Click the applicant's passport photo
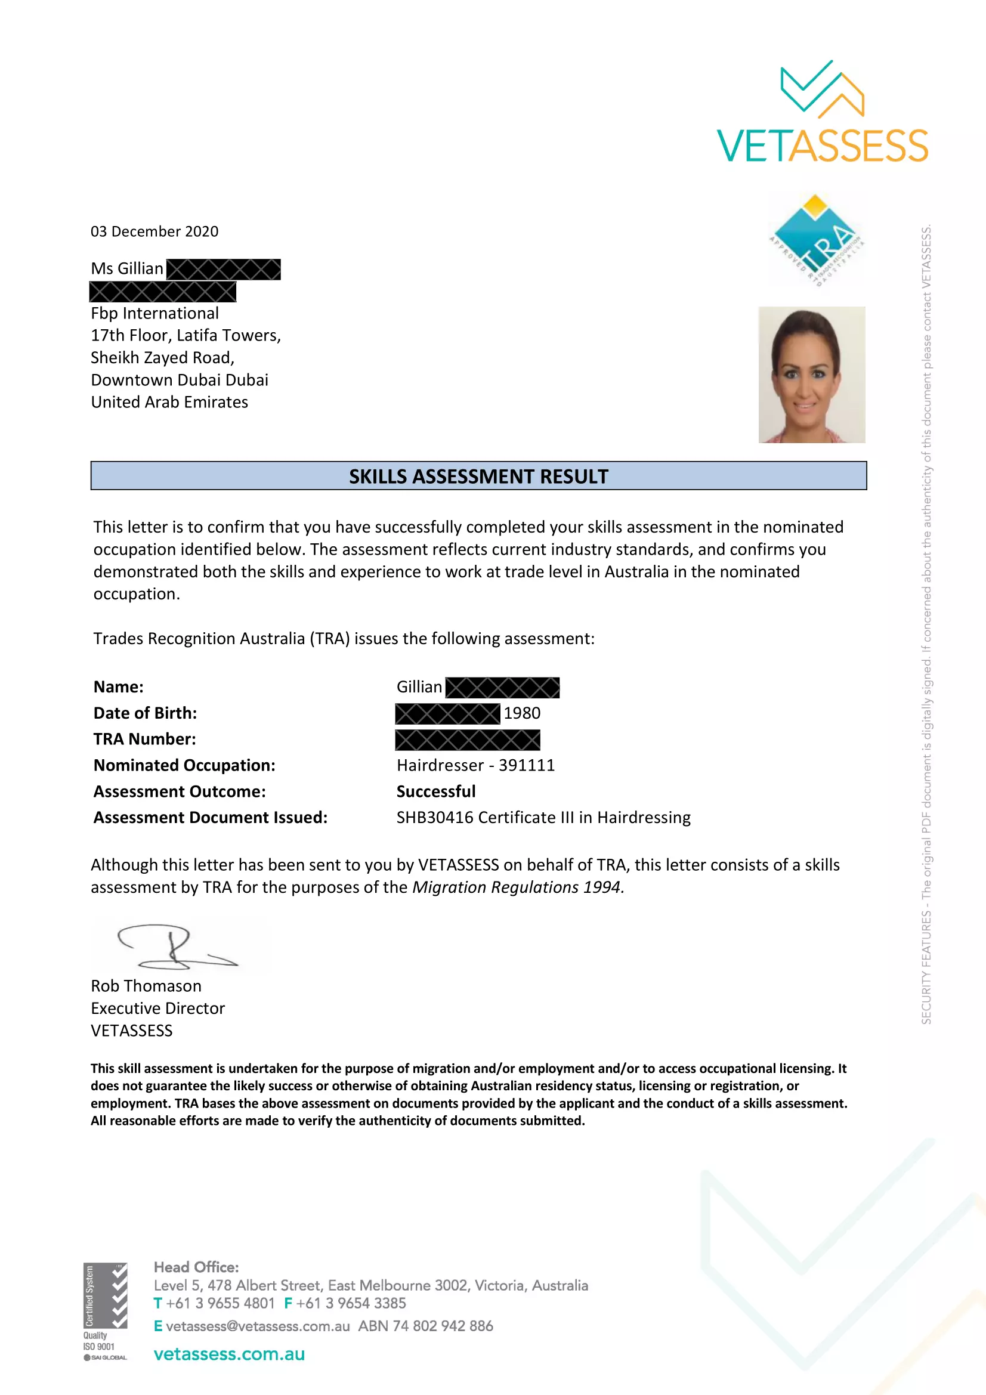coord(811,375)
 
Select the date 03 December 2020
coord(154,231)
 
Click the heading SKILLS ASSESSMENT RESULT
coord(478,477)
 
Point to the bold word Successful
coord(435,791)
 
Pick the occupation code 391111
coord(527,765)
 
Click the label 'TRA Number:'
coord(144,739)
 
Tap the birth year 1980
coord(522,713)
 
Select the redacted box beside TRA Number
coord(467,740)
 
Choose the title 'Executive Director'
coord(158,1008)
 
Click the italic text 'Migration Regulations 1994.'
coord(518,887)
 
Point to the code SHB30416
coord(435,817)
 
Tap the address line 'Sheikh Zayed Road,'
coord(162,357)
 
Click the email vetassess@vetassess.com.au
coord(258,1326)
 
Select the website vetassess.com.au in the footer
coord(229,1354)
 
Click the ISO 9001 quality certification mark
coord(105,1311)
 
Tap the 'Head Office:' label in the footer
coord(196,1267)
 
